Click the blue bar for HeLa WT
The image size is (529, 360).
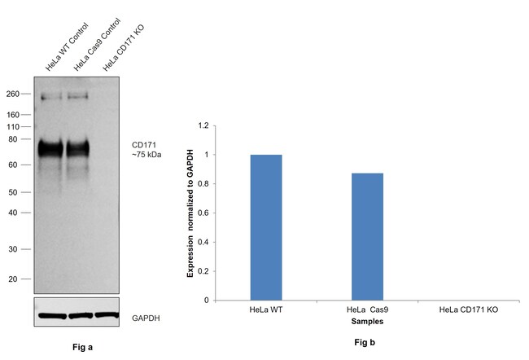click(265, 227)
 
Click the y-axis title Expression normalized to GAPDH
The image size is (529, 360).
click(190, 213)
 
